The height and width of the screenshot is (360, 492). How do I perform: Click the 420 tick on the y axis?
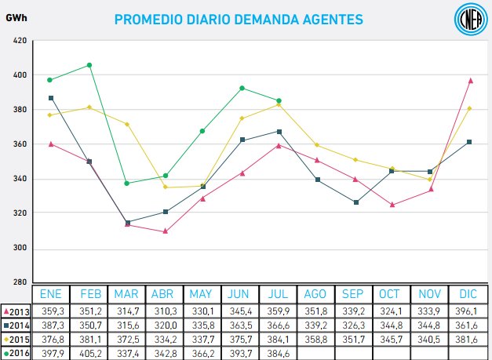20,41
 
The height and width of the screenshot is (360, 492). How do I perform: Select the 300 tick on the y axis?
20,248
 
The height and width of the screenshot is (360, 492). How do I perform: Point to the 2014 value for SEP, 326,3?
352,325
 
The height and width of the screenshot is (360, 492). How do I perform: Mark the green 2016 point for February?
89,65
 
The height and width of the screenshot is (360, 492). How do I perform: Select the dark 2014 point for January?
51,98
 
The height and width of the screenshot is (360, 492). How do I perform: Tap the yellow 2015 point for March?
127,124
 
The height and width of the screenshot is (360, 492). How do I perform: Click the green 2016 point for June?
242,88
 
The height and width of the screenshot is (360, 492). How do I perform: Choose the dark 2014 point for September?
355,202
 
